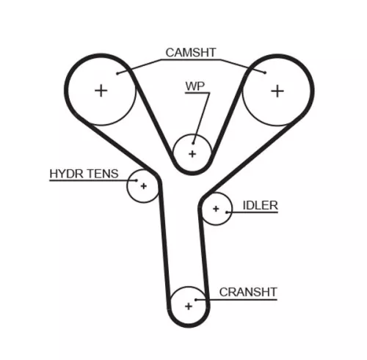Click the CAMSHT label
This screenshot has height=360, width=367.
point(190,53)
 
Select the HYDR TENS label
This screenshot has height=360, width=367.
point(82,174)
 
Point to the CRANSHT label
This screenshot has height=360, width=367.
point(248,292)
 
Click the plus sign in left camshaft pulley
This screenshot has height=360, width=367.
point(101,90)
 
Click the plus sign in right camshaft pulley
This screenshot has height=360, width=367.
point(277,90)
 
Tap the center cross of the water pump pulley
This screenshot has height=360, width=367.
point(192,154)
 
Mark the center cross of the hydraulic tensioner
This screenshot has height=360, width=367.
point(144,186)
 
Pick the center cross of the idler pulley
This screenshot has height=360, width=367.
point(216,210)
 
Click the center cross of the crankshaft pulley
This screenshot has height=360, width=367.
point(189,305)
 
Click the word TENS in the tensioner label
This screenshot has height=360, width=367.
point(101,174)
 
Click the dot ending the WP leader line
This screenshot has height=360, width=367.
point(195,138)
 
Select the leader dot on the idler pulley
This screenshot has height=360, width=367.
point(225,213)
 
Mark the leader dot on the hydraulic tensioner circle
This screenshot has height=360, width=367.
point(134,181)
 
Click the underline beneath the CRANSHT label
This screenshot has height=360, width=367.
point(248,299)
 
